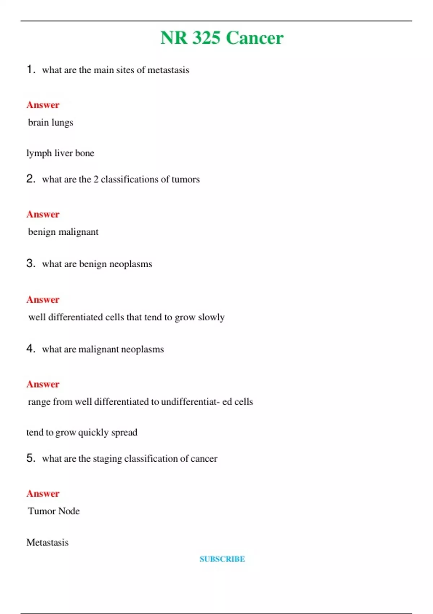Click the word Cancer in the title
point(255,38)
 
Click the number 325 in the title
point(206,38)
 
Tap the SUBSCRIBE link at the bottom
point(222,559)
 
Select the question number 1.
point(31,69)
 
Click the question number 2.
point(31,178)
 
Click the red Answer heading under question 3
point(43,299)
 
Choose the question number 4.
point(31,349)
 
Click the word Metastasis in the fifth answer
point(47,542)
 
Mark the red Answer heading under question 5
point(43,493)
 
